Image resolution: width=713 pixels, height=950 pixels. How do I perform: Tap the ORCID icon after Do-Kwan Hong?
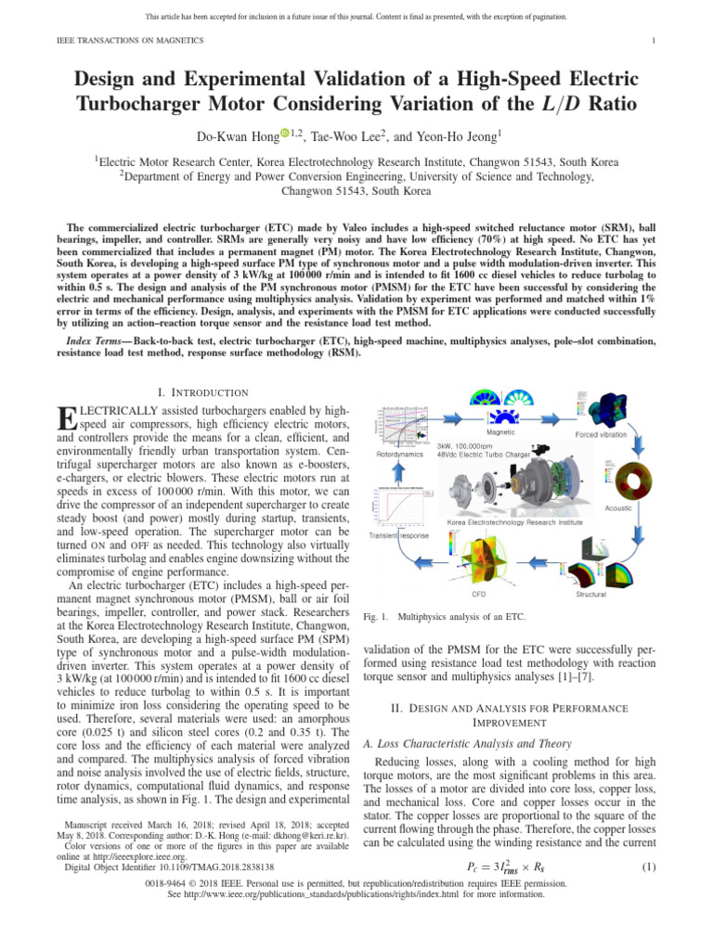click(x=285, y=135)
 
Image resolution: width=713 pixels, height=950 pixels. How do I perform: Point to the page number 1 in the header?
click(x=655, y=40)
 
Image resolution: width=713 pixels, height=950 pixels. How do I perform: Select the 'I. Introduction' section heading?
click(x=203, y=392)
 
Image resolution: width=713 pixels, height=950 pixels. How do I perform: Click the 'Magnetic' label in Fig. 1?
click(x=501, y=432)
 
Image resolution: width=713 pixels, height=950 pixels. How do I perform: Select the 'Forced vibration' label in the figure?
click(x=601, y=434)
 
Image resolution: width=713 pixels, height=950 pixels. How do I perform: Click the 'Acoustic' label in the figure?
click(x=618, y=508)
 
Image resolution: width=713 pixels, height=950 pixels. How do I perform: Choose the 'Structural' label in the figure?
click(x=591, y=594)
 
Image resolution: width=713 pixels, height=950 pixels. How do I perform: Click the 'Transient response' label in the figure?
click(x=399, y=535)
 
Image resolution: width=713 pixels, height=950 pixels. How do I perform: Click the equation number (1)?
click(x=649, y=867)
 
